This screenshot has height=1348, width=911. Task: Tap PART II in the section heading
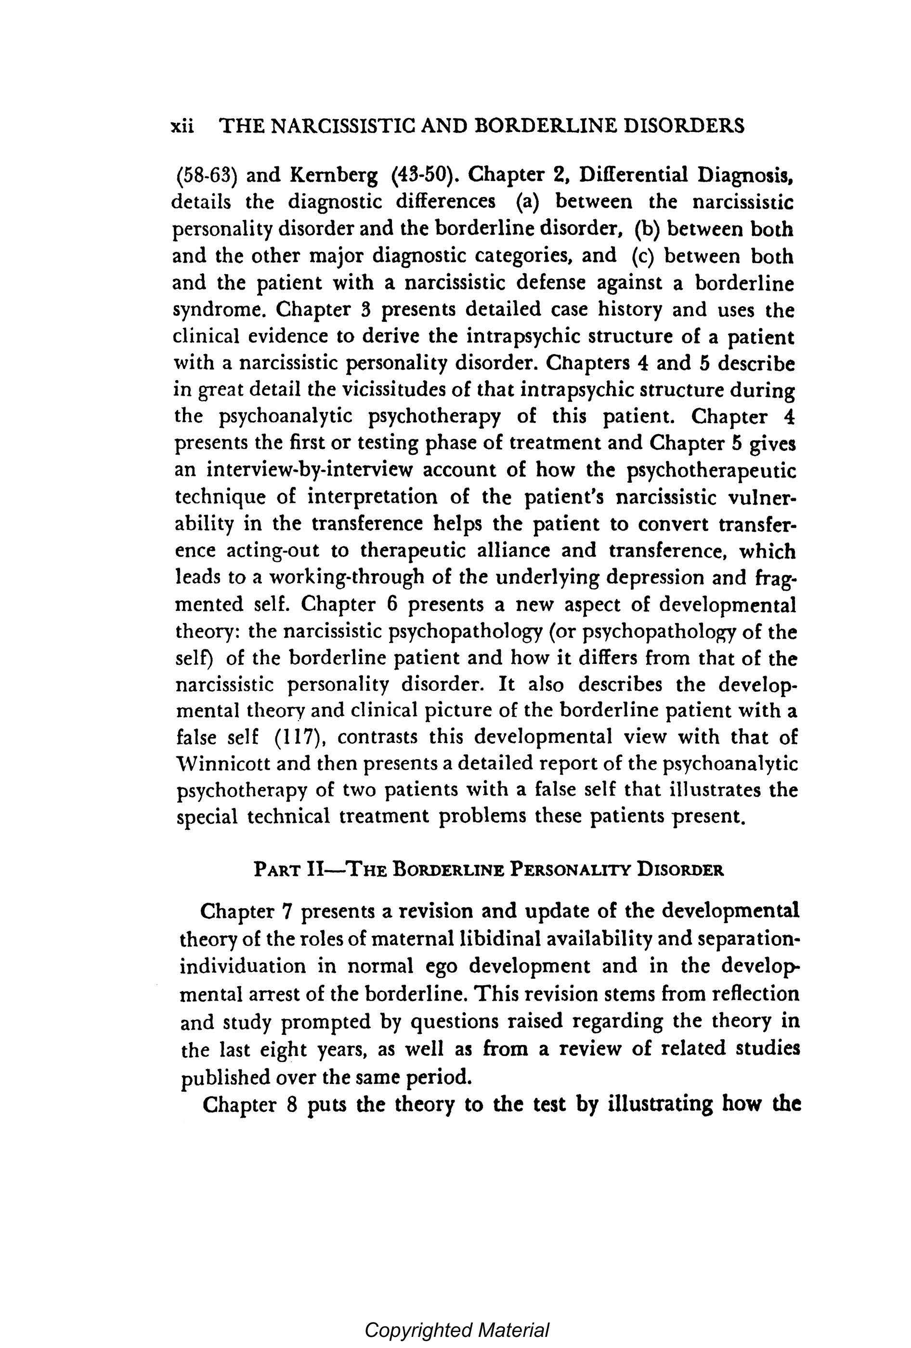[289, 871]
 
